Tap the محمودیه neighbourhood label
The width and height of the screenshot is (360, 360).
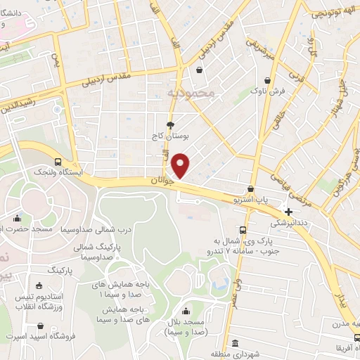(188, 92)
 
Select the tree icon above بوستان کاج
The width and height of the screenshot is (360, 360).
(170, 123)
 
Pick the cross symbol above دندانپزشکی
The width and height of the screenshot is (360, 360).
(288, 211)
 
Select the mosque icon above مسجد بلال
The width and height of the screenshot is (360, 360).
(186, 311)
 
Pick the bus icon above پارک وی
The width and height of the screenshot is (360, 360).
(243, 230)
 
